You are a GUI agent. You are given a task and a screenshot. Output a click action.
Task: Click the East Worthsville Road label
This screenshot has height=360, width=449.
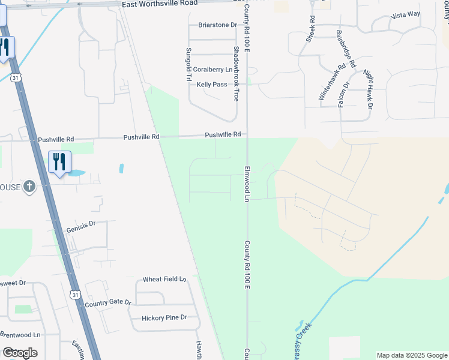tap(159, 3)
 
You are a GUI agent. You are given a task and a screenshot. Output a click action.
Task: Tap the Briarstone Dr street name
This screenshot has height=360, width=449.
tap(217, 25)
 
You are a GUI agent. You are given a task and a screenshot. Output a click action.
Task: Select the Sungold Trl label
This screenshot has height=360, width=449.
tap(188, 65)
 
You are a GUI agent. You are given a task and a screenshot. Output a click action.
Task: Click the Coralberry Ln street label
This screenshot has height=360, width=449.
tap(212, 70)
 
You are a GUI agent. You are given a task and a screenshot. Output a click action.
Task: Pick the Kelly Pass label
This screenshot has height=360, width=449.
tap(212, 85)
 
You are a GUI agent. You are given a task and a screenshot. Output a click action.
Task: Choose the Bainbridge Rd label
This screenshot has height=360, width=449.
tap(346, 49)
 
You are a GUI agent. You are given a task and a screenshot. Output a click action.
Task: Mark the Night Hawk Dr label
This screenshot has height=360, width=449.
tap(368, 89)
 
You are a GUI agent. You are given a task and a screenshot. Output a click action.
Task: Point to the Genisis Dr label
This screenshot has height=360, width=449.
tap(82, 224)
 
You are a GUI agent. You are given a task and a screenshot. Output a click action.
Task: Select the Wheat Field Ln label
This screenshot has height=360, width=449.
tap(164, 280)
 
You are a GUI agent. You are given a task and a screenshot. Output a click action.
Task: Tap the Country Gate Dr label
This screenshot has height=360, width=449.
tap(107, 303)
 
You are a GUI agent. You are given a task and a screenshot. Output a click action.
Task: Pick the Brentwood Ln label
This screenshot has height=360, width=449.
tap(20, 334)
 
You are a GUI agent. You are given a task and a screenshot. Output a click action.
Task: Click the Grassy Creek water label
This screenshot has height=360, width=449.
tap(304, 334)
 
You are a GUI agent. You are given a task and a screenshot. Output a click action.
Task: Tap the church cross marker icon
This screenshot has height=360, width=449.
tap(28, 187)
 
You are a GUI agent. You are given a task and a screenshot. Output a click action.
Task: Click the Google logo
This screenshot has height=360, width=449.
tap(20, 353)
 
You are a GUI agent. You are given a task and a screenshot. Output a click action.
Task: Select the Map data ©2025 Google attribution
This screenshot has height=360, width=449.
tap(412, 355)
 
